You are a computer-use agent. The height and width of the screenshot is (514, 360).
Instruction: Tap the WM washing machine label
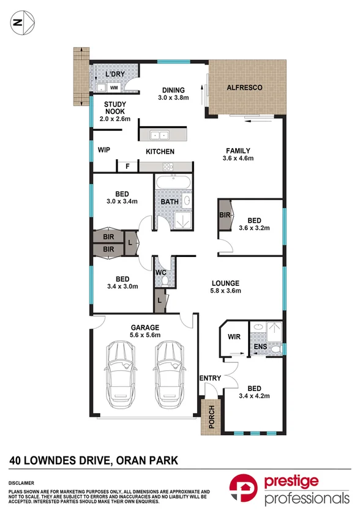(x=113, y=88)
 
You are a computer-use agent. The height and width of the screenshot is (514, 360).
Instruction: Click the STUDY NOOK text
(x=114, y=108)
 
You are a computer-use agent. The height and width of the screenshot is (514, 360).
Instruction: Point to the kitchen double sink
(x=160, y=135)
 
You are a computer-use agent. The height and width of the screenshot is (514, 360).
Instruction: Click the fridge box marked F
(x=127, y=166)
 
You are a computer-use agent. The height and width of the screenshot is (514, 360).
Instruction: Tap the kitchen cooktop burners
(x=167, y=166)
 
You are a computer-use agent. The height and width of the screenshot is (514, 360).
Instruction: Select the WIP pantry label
(x=103, y=149)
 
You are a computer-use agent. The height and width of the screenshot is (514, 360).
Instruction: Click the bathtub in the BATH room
(x=173, y=183)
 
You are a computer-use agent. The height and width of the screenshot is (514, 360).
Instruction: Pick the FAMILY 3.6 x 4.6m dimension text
(x=238, y=158)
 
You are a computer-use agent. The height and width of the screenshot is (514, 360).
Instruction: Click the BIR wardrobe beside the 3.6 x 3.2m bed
(x=224, y=215)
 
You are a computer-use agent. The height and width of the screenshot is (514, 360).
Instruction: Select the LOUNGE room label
(x=226, y=283)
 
